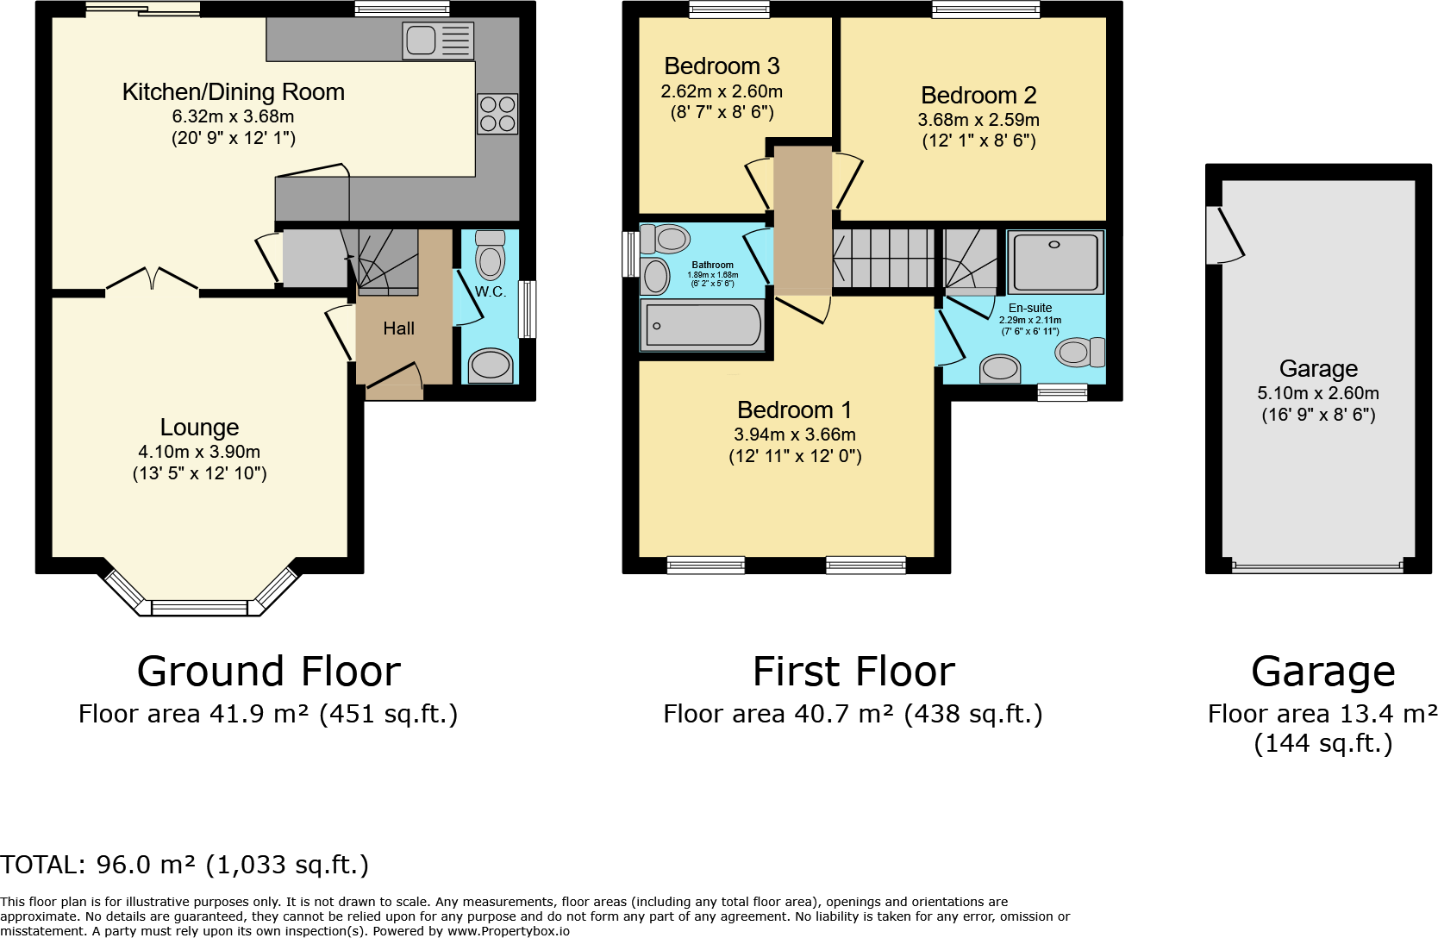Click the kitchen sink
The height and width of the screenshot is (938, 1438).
click(x=438, y=41)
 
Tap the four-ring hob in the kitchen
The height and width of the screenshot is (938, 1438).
click(x=497, y=115)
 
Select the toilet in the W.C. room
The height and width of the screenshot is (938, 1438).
click(x=490, y=255)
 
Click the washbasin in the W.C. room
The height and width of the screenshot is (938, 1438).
click(x=491, y=366)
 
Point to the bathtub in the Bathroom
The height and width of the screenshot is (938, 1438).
click(x=703, y=326)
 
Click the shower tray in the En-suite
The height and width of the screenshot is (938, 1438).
click(x=1055, y=262)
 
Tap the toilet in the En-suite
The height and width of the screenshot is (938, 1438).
click(x=1079, y=352)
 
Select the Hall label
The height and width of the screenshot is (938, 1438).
click(x=398, y=328)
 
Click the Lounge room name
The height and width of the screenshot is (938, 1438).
click(x=200, y=427)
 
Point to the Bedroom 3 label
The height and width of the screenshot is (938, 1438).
click(x=722, y=66)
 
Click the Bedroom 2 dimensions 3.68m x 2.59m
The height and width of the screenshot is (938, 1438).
click(x=978, y=120)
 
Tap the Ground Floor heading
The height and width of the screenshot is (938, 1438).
click(x=268, y=671)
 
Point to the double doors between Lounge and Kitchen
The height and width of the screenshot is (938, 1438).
click(x=152, y=280)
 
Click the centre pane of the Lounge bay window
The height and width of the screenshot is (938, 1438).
click(x=200, y=608)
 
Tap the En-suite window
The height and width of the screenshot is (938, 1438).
click(x=1062, y=391)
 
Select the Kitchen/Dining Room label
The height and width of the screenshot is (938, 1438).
click(x=234, y=92)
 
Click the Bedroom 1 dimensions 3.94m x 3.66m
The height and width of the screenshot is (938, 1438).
click(x=795, y=435)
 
